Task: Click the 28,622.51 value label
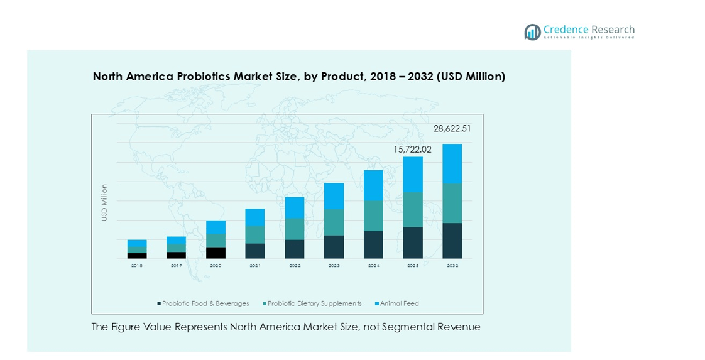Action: point(452,129)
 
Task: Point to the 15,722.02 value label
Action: point(412,150)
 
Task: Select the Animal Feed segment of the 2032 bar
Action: point(452,163)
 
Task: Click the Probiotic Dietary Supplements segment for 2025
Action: point(412,209)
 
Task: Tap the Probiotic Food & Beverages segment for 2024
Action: point(373,244)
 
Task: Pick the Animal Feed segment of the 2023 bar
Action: point(334,196)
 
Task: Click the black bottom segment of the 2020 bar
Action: point(216,253)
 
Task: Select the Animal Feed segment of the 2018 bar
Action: point(137,243)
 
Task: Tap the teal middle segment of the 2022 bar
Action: point(295,229)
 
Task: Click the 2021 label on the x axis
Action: point(255,266)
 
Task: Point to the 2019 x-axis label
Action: point(176,266)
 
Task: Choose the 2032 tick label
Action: point(452,266)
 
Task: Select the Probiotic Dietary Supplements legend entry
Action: point(314,303)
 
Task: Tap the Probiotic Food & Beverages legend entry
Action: point(205,303)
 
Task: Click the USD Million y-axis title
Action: point(104,202)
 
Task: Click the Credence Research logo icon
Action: point(533,32)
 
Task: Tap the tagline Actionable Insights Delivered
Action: point(589,38)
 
